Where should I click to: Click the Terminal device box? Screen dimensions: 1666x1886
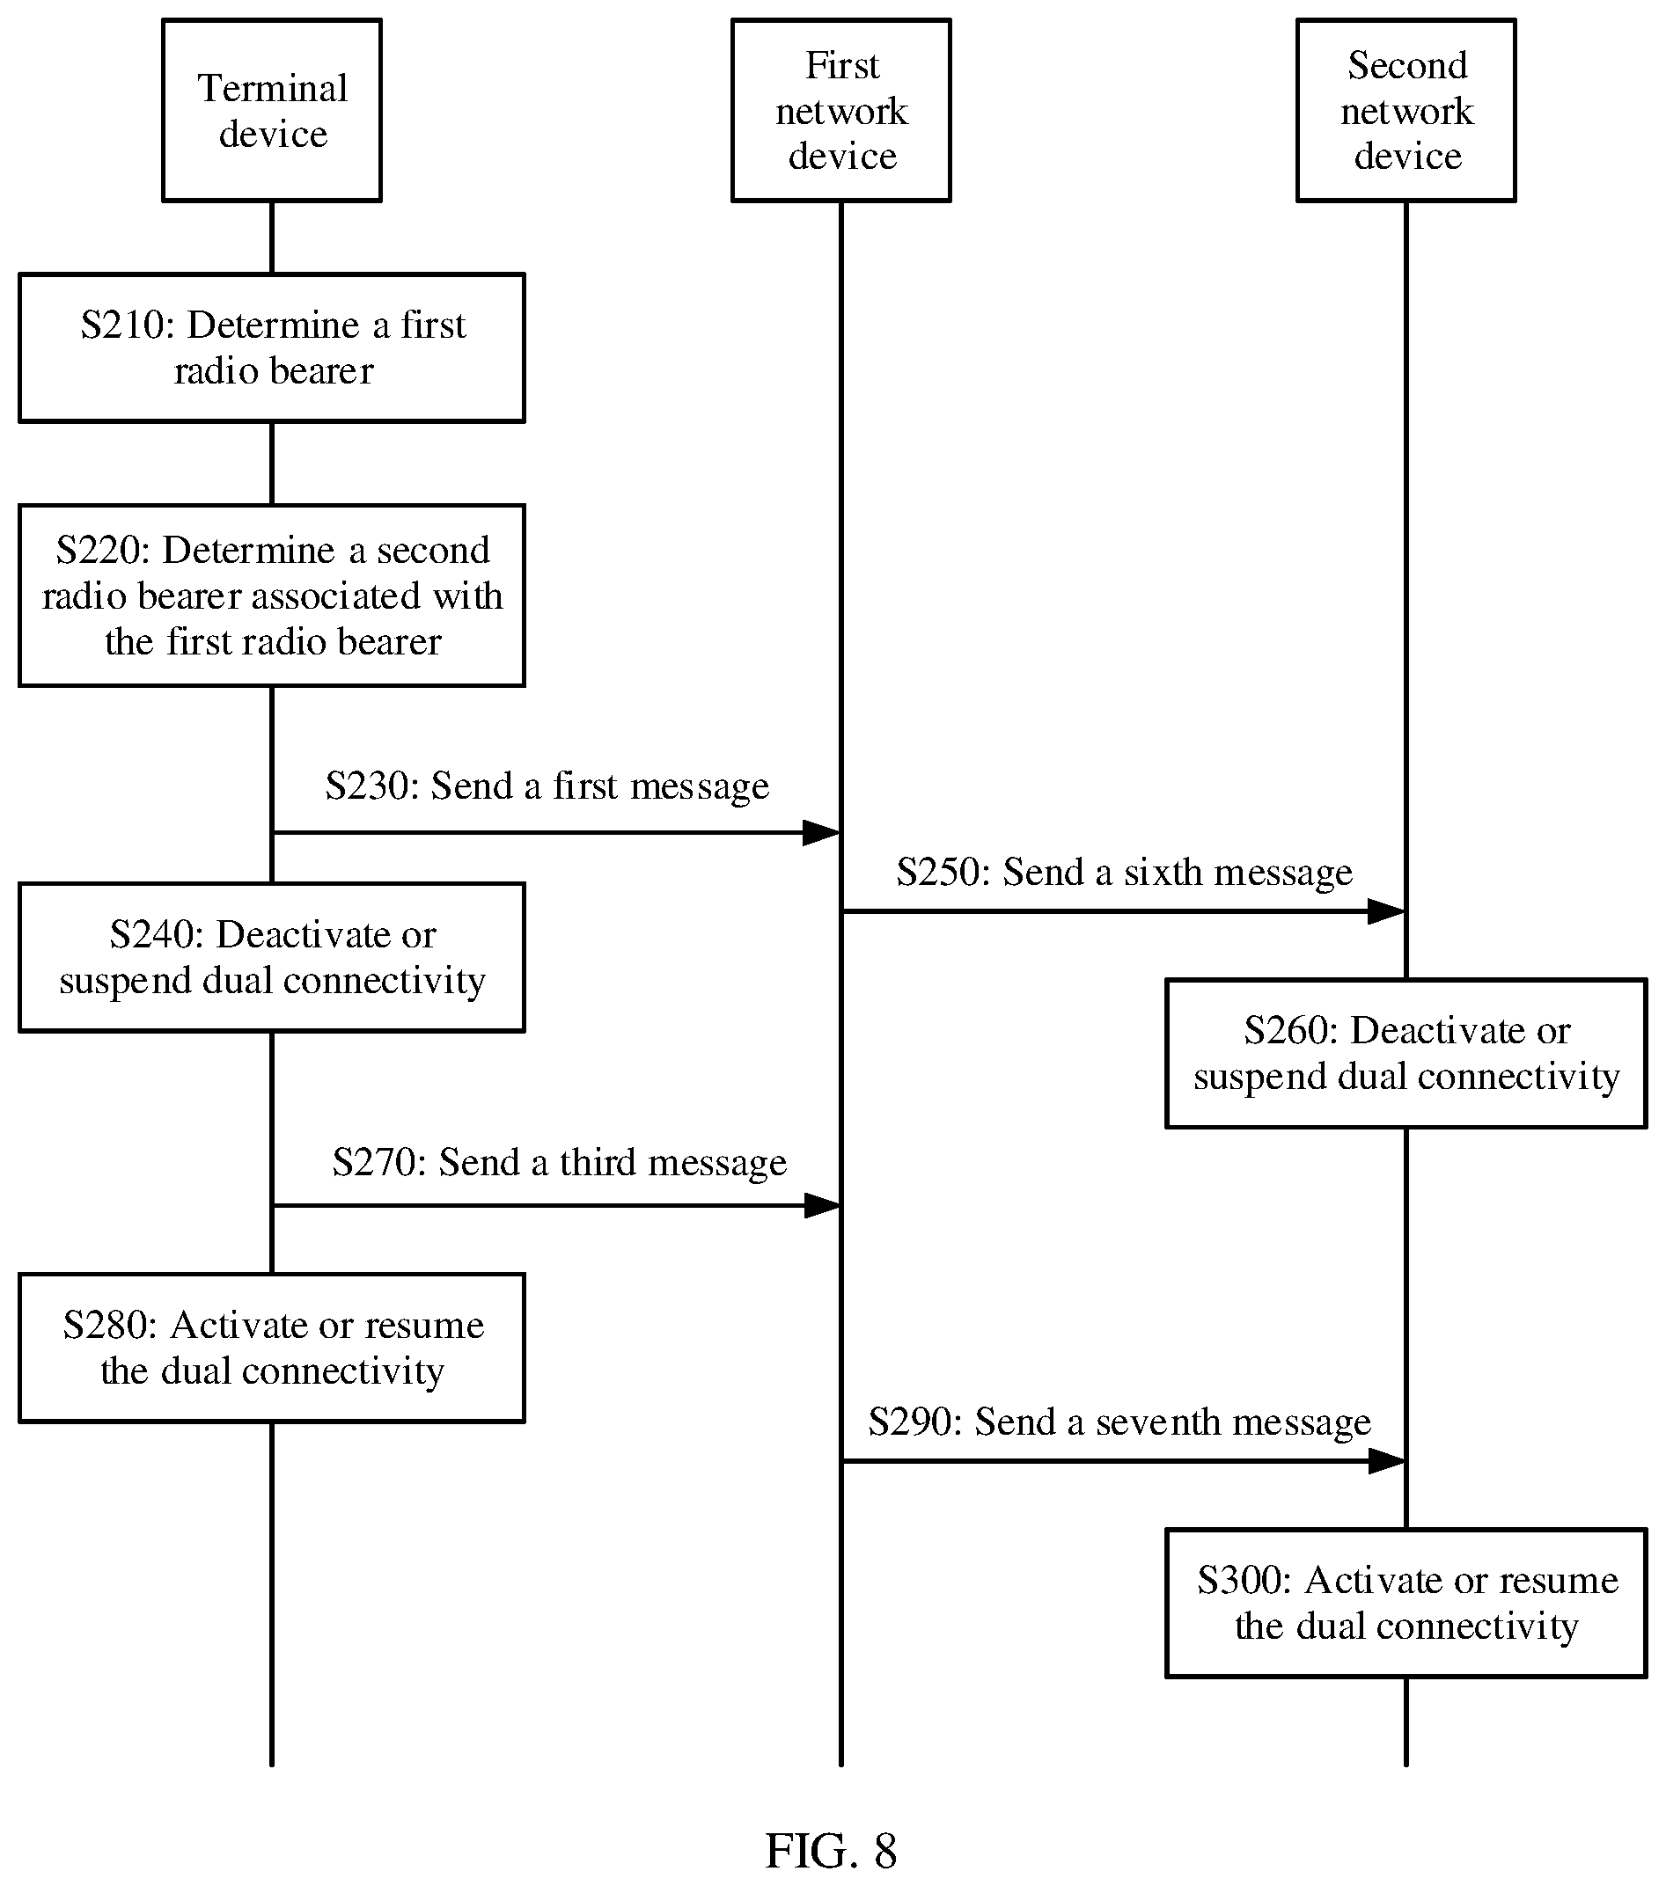(271, 111)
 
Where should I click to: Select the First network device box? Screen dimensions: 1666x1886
(840, 111)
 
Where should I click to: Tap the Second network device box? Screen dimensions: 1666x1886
(1405, 111)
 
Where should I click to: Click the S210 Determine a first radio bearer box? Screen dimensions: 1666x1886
(271, 347)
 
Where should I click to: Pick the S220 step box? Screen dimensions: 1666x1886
(271, 596)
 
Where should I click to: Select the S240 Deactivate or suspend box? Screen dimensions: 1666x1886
(271, 957)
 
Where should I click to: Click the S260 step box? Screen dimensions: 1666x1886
(1405, 1053)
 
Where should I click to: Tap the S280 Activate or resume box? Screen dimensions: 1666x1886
(271, 1348)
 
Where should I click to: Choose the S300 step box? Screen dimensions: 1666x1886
(1405, 1603)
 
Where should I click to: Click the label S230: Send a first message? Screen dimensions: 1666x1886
(547, 786)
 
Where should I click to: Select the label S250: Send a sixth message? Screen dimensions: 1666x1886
(1124, 872)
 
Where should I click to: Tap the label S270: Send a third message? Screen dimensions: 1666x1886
(560, 1163)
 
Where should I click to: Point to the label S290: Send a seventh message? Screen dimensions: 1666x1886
(1119, 1422)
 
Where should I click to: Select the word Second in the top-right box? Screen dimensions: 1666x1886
(1406, 65)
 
